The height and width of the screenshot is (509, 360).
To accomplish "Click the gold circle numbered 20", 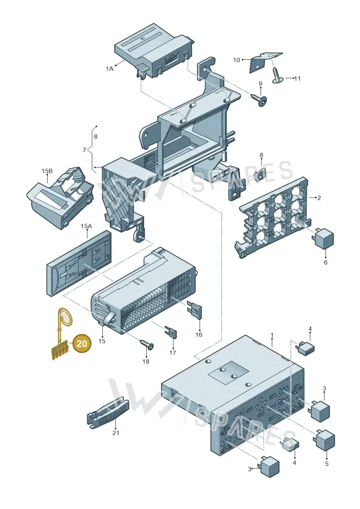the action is [x=82, y=343].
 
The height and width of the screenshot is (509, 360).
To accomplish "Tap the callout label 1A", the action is [x=109, y=68].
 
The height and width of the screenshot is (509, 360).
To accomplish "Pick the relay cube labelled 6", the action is [x=323, y=238].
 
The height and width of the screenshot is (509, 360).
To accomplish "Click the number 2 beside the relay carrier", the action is [x=319, y=198].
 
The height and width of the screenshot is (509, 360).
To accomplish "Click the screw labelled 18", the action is [x=147, y=344].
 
